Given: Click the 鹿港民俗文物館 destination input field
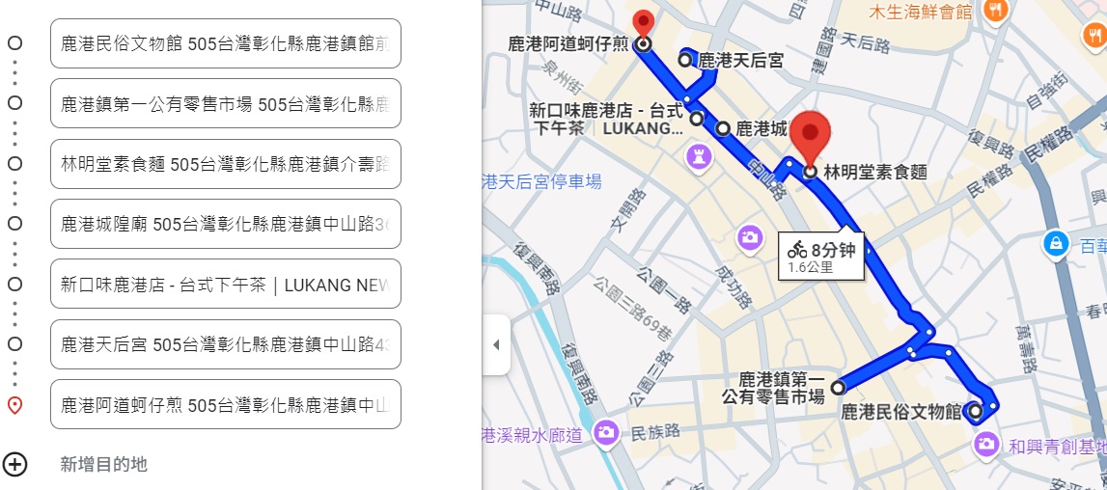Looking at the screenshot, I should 225,43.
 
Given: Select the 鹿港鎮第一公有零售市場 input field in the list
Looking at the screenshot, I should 225,103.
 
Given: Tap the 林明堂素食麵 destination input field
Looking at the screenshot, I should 225,164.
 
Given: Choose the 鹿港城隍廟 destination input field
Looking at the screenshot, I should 225,224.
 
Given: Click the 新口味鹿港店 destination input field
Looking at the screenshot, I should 225,284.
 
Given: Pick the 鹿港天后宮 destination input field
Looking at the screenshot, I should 225,344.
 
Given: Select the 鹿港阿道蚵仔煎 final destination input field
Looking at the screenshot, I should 225,404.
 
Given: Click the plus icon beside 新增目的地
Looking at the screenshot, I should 14,464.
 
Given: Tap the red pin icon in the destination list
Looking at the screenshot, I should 14,405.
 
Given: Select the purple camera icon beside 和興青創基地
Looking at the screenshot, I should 985,444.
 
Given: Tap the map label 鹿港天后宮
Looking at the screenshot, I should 740,60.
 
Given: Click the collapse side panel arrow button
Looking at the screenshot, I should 496,344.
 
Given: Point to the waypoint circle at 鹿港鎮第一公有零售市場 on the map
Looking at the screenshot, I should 838,388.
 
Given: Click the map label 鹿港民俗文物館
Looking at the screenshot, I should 901,413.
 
